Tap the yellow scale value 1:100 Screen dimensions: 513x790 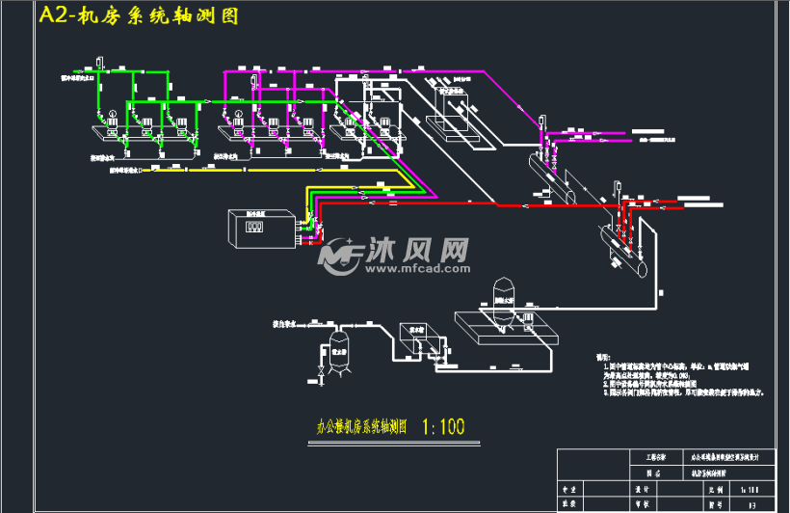pos(443,425)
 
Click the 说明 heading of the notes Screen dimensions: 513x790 pos(605,356)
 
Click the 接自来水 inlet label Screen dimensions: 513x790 pos(286,324)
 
